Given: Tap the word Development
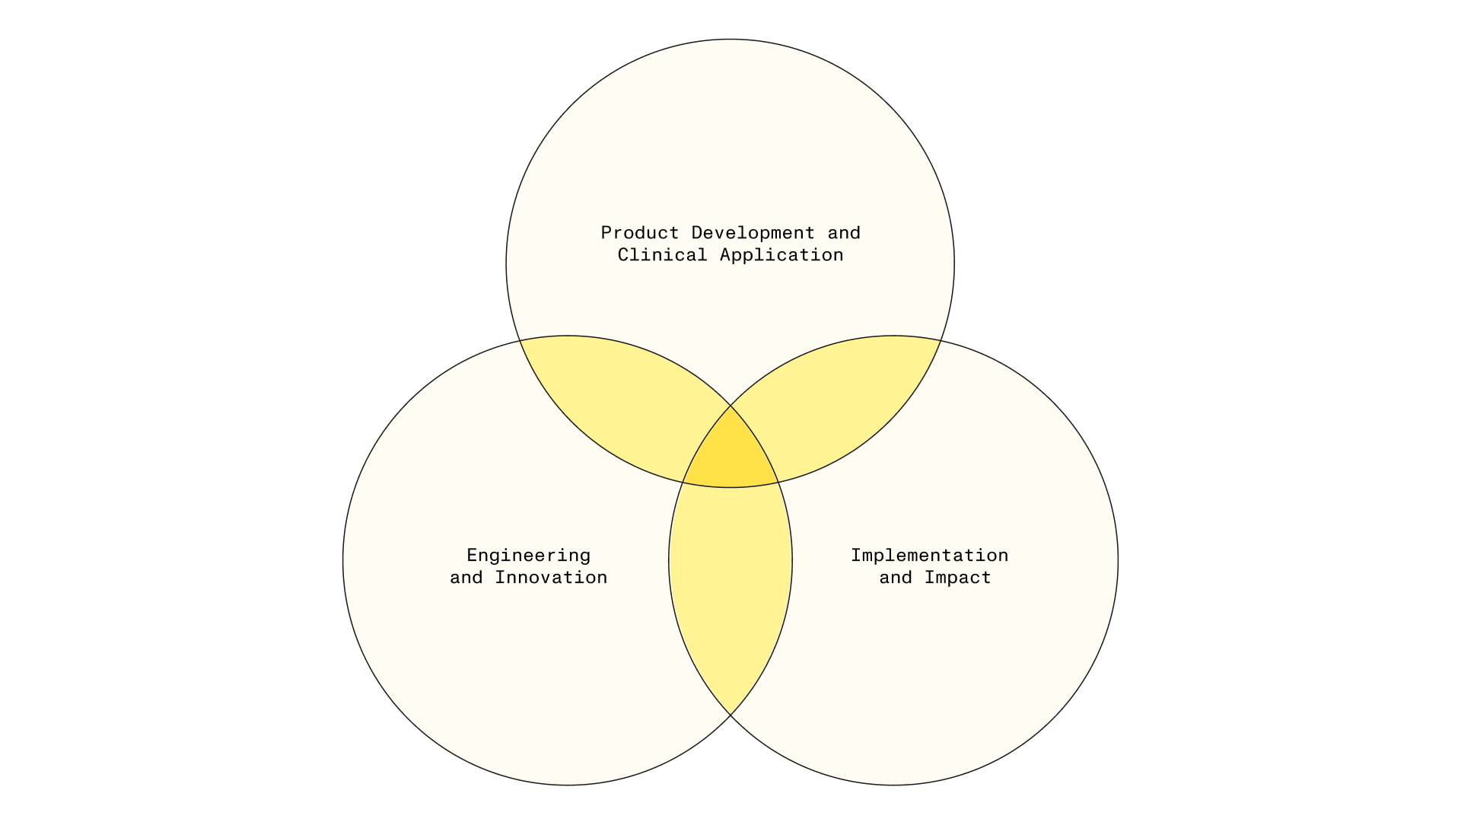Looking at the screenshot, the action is [753, 234].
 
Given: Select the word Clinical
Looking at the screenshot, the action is [662, 255].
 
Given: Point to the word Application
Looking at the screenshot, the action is [781, 256].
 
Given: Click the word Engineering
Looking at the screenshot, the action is [528, 556].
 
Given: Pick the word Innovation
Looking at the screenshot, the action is [551, 578].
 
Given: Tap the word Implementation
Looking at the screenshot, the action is [929, 556].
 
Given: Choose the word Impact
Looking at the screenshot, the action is [957, 578].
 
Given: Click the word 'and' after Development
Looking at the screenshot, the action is [844, 233].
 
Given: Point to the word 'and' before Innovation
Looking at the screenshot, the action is [466, 578].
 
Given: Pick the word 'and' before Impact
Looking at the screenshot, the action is [896, 578].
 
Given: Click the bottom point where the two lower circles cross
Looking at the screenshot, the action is [730, 715].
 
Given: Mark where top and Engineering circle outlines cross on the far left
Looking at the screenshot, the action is [520, 341].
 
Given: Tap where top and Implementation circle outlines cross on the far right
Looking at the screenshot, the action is [941, 341].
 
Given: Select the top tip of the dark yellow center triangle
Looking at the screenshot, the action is [730, 406].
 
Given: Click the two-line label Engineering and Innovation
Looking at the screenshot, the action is [528, 567].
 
